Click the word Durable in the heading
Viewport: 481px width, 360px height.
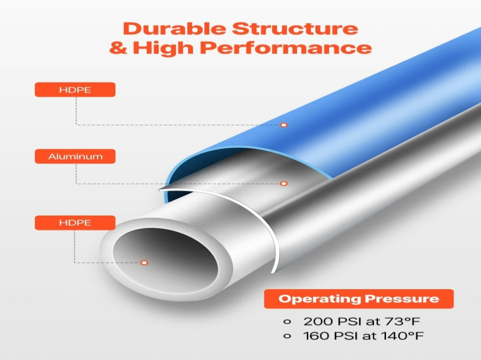[175, 29]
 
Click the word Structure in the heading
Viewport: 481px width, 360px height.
[295, 29]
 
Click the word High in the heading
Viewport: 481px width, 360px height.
[164, 48]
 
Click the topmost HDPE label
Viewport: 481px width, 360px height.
[75, 90]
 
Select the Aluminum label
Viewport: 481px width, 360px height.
[75, 157]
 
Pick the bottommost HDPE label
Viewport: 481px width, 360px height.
[75, 223]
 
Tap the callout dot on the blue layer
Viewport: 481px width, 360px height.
[284, 125]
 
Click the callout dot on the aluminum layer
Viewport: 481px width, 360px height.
[284, 184]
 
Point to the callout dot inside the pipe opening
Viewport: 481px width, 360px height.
[144, 263]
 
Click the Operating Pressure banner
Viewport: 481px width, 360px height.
[359, 298]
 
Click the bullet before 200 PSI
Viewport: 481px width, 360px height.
[287, 322]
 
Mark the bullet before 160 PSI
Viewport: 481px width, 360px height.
[287, 336]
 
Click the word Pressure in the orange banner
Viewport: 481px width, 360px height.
[402, 298]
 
